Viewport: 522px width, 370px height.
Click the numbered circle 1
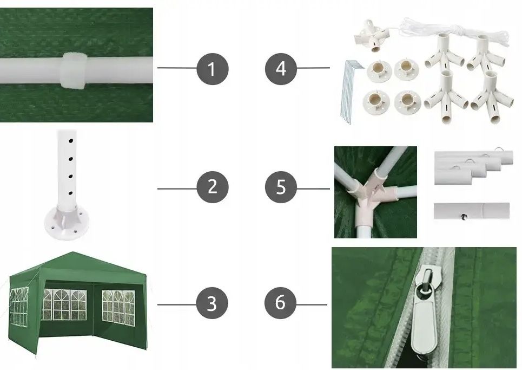pyautogui.click(x=213, y=69)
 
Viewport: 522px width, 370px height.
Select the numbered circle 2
pyautogui.click(x=213, y=187)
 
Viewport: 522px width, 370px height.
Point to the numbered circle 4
pyautogui.click(x=281, y=69)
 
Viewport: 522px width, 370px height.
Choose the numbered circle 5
pyautogui.click(x=281, y=187)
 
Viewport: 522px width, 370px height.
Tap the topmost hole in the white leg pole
pyautogui.click(x=71, y=141)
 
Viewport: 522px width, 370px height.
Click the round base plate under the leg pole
pyautogui.click(x=67, y=222)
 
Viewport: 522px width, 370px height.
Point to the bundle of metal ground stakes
pyautogui.click(x=348, y=92)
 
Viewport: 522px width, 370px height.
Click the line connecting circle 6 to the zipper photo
pyautogui.click(x=312, y=304)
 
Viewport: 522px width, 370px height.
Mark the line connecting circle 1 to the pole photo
pyautogui.click(x=177, y=68)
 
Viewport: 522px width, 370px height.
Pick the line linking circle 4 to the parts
pyautogui.click(x=313, y=68)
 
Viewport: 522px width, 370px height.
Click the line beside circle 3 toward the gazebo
pyautogui.click(x=177, y=304)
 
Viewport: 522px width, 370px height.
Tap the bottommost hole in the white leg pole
pyautogui.click(x=71, y=193)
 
